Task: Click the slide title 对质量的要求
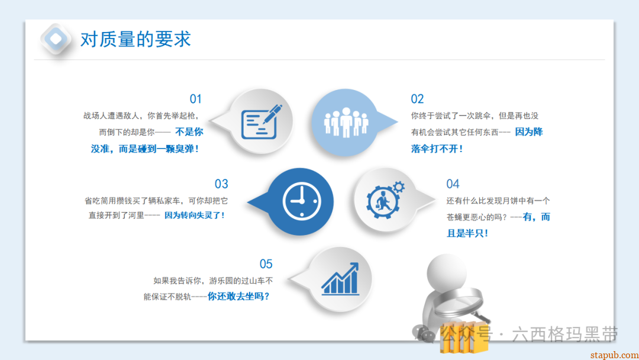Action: pos(135,39)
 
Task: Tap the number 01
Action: pos(196,99)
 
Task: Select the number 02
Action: pos(417,99)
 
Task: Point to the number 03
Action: pos(221,184)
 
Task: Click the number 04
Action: pos(453,184)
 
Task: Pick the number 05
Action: pos(266,264)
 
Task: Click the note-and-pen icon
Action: pos(261,121)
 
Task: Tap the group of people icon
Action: pos(346,122)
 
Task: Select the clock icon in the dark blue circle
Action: pos(301,201)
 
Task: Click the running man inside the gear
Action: pos(382,201)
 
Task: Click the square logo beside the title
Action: pos(56,39)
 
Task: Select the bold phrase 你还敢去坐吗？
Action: pos(239,296)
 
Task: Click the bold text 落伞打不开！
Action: pos(437,149)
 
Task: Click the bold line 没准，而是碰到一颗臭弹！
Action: pos(145,149)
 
